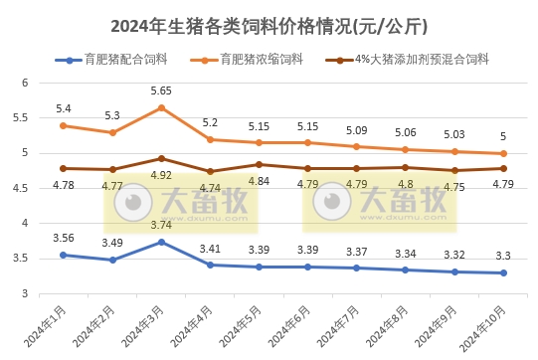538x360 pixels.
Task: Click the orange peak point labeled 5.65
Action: [x=161, y=107]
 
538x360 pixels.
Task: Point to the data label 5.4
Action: [x=63, y=108]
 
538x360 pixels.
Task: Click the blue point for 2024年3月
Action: [x=161, y=242]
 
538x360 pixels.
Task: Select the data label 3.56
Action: [x=63, y=238]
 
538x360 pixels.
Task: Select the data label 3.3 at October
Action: [x=503, y=256]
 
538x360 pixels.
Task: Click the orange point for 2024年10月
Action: [x=503, y=154]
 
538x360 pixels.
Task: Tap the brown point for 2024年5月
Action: [x=259, y=164]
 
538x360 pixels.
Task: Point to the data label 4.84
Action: [x=259, y=181]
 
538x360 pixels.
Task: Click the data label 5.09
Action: [x=356, y=129]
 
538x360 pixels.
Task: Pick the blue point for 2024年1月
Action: [x=63, y=255]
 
